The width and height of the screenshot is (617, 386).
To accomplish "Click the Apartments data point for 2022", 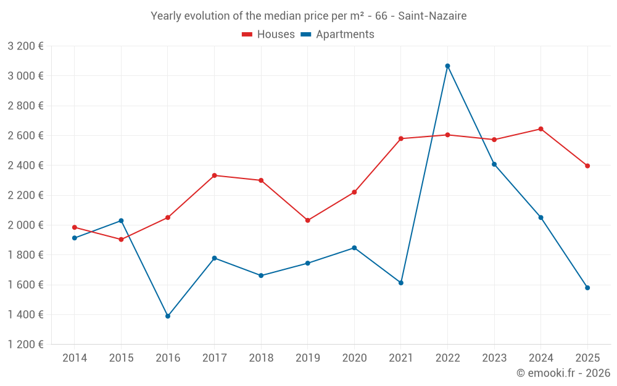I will (447, 66).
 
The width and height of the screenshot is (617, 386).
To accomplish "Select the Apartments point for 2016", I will (168, 316).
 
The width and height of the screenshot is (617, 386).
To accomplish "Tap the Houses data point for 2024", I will (541, 129).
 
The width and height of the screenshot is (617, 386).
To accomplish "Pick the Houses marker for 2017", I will (214, 175).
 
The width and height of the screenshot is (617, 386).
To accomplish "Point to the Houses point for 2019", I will (308, 220).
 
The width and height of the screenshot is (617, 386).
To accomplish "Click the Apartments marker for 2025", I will (587, 288).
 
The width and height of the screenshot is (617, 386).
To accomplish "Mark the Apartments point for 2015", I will (121, 220).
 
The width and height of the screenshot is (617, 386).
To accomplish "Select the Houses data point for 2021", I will (401, 139).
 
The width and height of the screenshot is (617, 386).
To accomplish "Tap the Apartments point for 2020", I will (354, 248).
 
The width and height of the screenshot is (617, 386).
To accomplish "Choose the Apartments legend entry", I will (337, 35).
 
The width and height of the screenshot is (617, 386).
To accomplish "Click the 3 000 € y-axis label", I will (25, 76).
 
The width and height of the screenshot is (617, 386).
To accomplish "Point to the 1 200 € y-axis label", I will (25, 345).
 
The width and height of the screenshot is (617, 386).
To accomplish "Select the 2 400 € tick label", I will (25, 166).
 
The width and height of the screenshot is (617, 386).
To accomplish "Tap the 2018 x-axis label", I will (261, 358).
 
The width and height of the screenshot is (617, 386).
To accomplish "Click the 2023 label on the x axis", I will (494, 358).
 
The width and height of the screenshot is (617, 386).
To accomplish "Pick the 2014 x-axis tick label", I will (75, 358).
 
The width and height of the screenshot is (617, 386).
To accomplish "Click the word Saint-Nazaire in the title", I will (432, 15).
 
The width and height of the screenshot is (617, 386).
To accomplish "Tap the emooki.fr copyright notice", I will (563, 373).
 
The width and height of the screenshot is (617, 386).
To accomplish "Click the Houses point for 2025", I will (587, 166).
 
